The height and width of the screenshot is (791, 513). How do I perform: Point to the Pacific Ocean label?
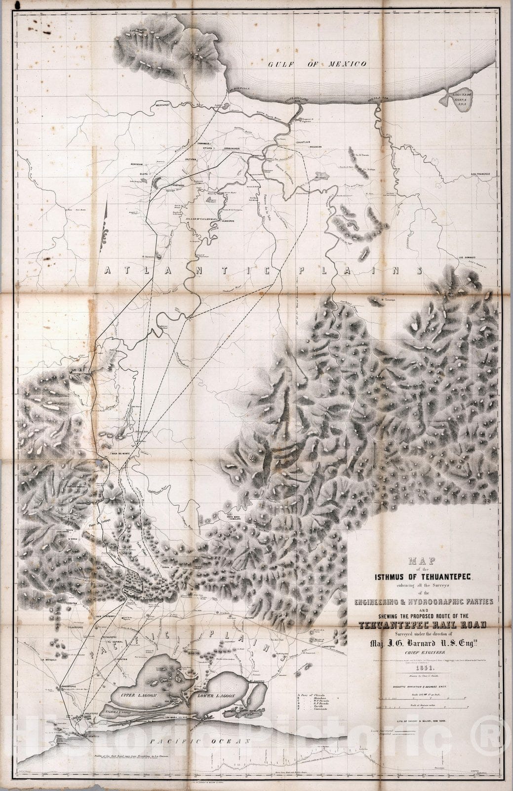(201, 741)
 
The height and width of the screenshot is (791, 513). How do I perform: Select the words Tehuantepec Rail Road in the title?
(423, 625)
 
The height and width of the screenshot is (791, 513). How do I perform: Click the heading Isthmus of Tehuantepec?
(423, 577)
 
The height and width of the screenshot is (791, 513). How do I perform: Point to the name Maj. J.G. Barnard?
(423, 643)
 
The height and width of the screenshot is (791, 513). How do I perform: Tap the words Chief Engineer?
(423, 653)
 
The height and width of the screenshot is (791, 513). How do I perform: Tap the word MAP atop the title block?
(423, 561)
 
